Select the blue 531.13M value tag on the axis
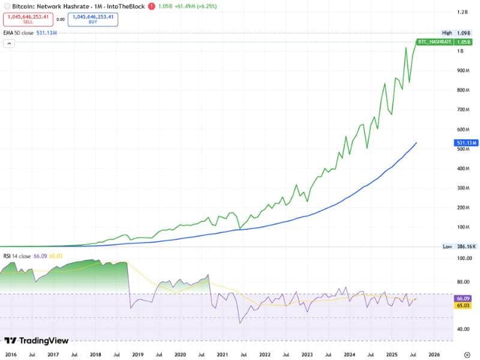click(466, 143)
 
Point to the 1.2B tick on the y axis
click(462, 12)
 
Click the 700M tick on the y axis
click(463, 110)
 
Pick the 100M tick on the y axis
click(463, 227)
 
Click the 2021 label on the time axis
click(223, 355)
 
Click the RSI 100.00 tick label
click(464, 259)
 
